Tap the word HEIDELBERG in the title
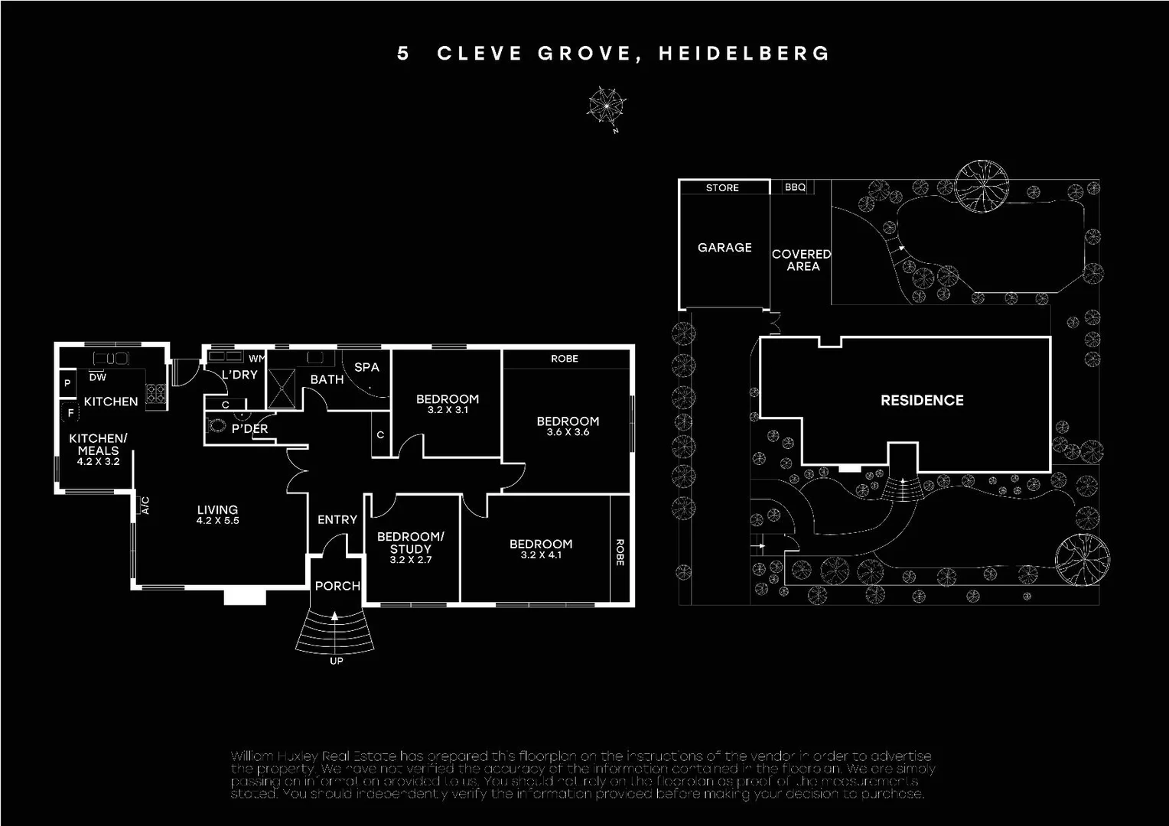click(744, 54)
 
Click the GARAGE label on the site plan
click(725, 248)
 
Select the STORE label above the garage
click(722, 187)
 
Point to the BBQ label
click(795, 187)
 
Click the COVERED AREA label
click(802, 260)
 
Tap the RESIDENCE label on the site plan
click(922, 400)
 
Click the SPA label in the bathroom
click(366, 367)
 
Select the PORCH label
click(337, 586)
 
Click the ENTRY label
click(337, 520)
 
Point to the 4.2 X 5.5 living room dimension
click(217, 521)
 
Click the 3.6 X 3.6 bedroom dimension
click(568, 432)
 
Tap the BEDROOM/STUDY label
click(410, 543)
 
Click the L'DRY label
click(239, 375)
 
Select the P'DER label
click(250, 429)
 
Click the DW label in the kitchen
click(98, 377)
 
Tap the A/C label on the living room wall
click(145, 506)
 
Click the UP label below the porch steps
click(337, 661)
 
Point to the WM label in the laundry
click(256, 359)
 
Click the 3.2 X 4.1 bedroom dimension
click(541, 555)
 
